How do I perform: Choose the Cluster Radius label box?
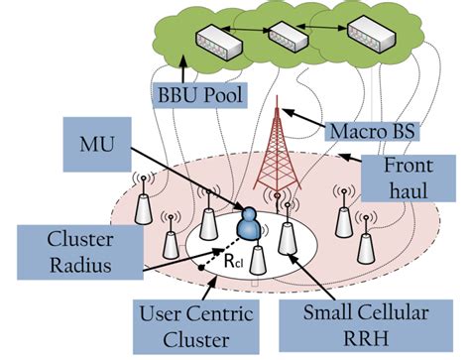[59, 253]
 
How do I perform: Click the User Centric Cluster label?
[193, 325]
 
